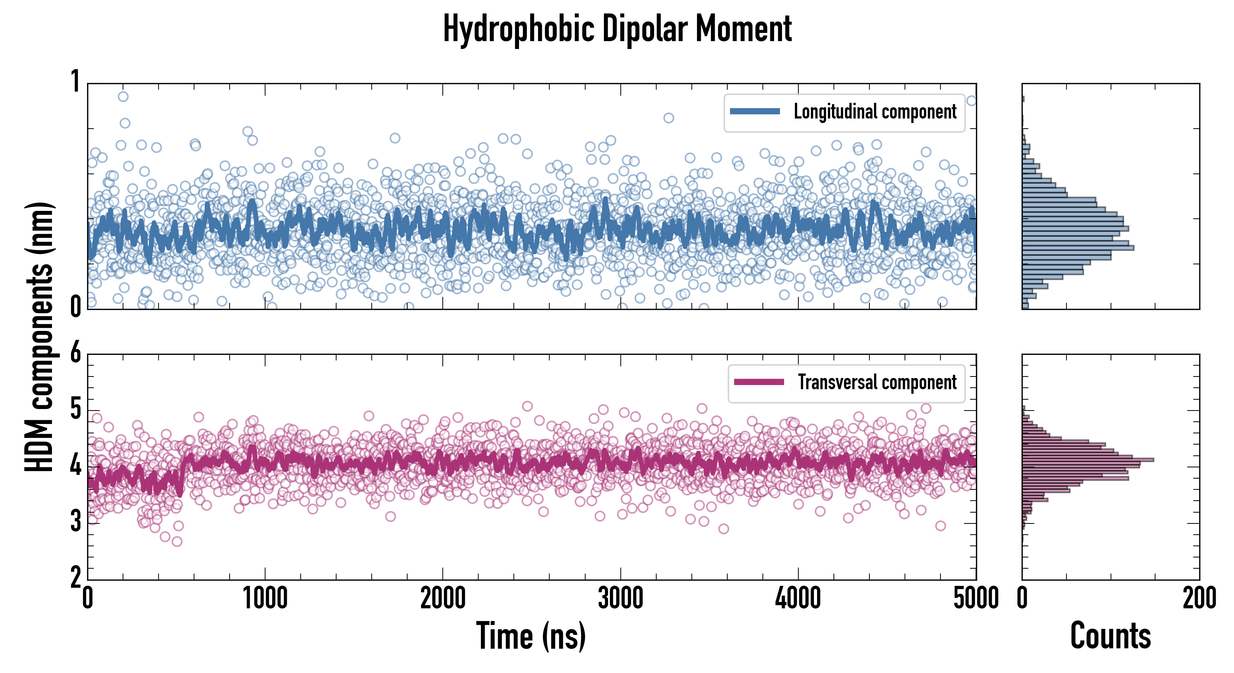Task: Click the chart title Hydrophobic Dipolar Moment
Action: point(617,29)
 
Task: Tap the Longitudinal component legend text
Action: point(875,112)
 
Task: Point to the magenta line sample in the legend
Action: point(759,382)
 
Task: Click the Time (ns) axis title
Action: point(531,636)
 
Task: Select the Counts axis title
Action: point(1110,636)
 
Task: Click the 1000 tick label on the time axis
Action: point(265,598)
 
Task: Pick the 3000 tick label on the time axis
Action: point(620,598)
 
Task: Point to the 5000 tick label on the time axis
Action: point(976,598)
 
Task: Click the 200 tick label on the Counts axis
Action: point(1199,598)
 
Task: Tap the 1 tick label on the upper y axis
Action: point(76,82)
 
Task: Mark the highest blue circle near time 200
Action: point(123,97)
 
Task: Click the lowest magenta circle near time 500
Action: point(177,542)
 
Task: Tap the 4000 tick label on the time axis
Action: point(798,598)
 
